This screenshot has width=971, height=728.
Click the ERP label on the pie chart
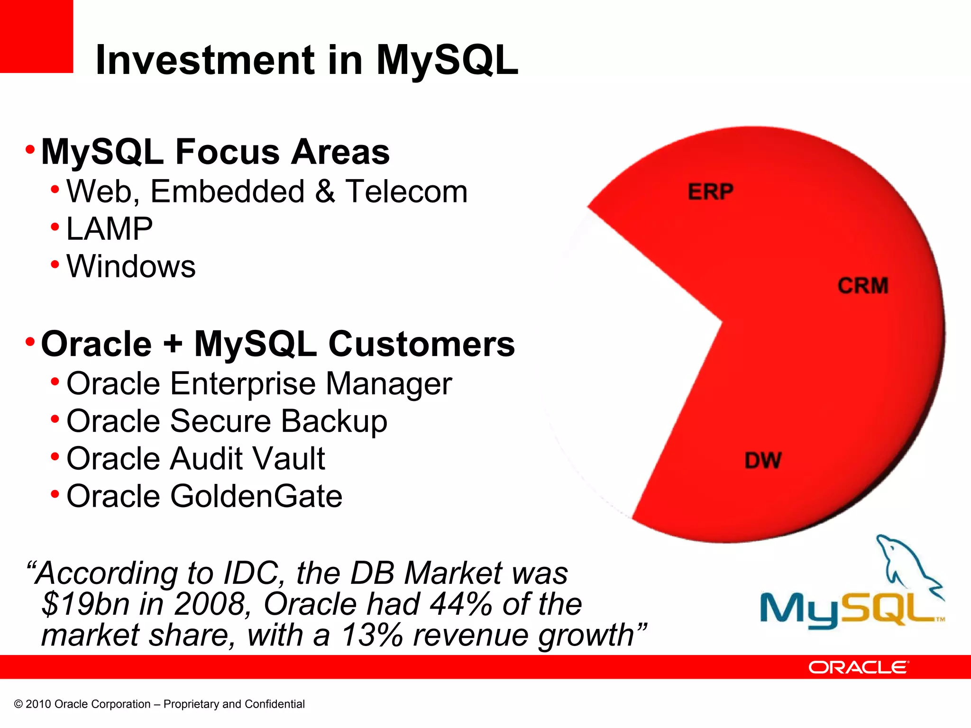click(x=710, y=192)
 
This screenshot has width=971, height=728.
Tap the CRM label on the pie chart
click(x=862, y=286)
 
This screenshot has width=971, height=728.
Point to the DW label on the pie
click(x=762, y=461)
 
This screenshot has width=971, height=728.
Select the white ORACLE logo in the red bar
click(x=858, y=667)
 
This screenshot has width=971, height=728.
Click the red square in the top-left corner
click(x=36, y=36)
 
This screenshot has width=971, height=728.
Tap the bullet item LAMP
click(x=110, y=229)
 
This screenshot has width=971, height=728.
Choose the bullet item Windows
click(x=131, y=266)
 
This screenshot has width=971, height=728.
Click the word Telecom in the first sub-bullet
click(x=406, y=192)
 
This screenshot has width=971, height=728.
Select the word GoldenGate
click(x=256, y=496)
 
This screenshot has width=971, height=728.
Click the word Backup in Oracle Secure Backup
click(x=334, y=421)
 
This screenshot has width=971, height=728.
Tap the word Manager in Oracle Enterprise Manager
click(x=389, y=384)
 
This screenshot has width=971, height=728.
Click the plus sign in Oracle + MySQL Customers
click(x=173, y=345)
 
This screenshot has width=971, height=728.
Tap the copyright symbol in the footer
click(x=18, y=704)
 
